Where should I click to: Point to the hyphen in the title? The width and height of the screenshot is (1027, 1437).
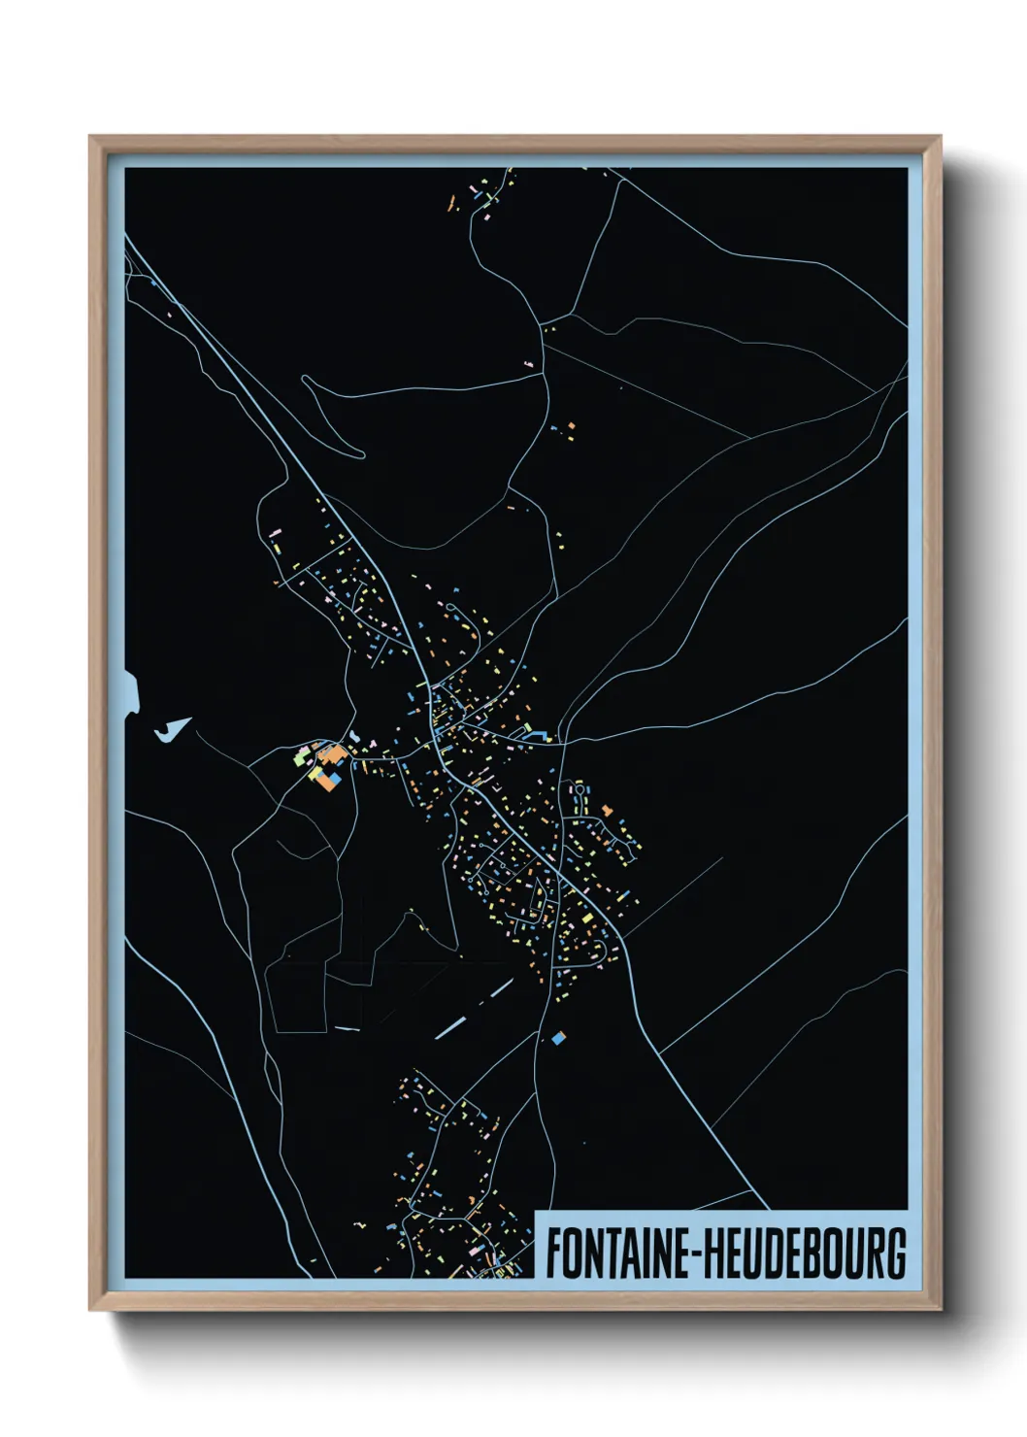coord(694,1253)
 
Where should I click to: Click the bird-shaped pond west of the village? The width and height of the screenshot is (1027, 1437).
coord(173,730)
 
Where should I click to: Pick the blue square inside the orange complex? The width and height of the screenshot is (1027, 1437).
coord(333,779)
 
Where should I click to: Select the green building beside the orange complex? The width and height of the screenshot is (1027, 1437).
coord(301,759)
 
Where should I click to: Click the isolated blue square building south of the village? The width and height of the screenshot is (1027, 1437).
coord(558,1038)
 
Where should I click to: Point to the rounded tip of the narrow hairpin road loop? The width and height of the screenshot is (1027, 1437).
coord(357,452)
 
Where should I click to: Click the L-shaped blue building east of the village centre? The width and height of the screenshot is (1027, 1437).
coord(533,735)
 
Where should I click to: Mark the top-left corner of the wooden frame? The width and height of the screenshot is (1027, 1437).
coord(90,137)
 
